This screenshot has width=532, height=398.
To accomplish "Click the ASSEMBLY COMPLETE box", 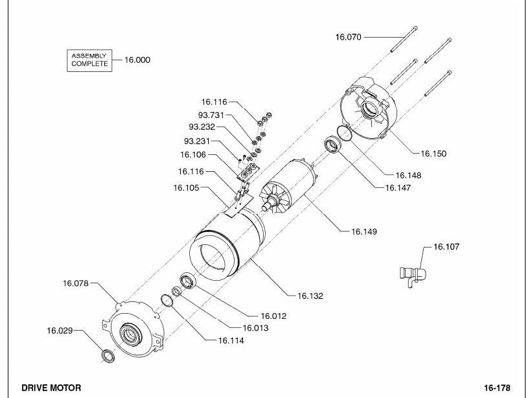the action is (x=89, y=60).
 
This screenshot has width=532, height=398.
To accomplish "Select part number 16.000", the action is (x=137, y=60).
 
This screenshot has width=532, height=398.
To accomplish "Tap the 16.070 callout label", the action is (x=349, y=37).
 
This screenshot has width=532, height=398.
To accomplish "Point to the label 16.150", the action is (x=434, y=154).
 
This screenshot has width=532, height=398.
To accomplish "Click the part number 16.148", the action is (x=408, y=176).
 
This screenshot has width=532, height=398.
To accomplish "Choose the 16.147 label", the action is (x=398, y=187).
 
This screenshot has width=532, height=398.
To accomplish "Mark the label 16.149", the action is (x=364, y=232).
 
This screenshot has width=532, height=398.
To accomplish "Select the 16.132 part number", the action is (x=310, y=296).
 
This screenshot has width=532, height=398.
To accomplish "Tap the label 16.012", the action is (x=273, y=316).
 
